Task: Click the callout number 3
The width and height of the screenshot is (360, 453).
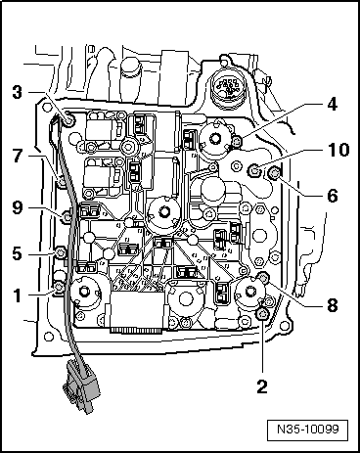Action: point(18,93)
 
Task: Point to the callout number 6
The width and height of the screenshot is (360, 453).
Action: point(333,195)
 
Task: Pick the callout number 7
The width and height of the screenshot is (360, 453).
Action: point(18,154)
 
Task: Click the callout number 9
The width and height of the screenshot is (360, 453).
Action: point(18,206)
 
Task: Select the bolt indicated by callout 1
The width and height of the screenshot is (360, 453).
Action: point(59,286)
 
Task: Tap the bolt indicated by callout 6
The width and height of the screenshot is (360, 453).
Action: point(273,174)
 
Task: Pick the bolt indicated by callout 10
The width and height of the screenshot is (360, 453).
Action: point(255,172)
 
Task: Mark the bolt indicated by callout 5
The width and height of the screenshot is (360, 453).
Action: point(60,253)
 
